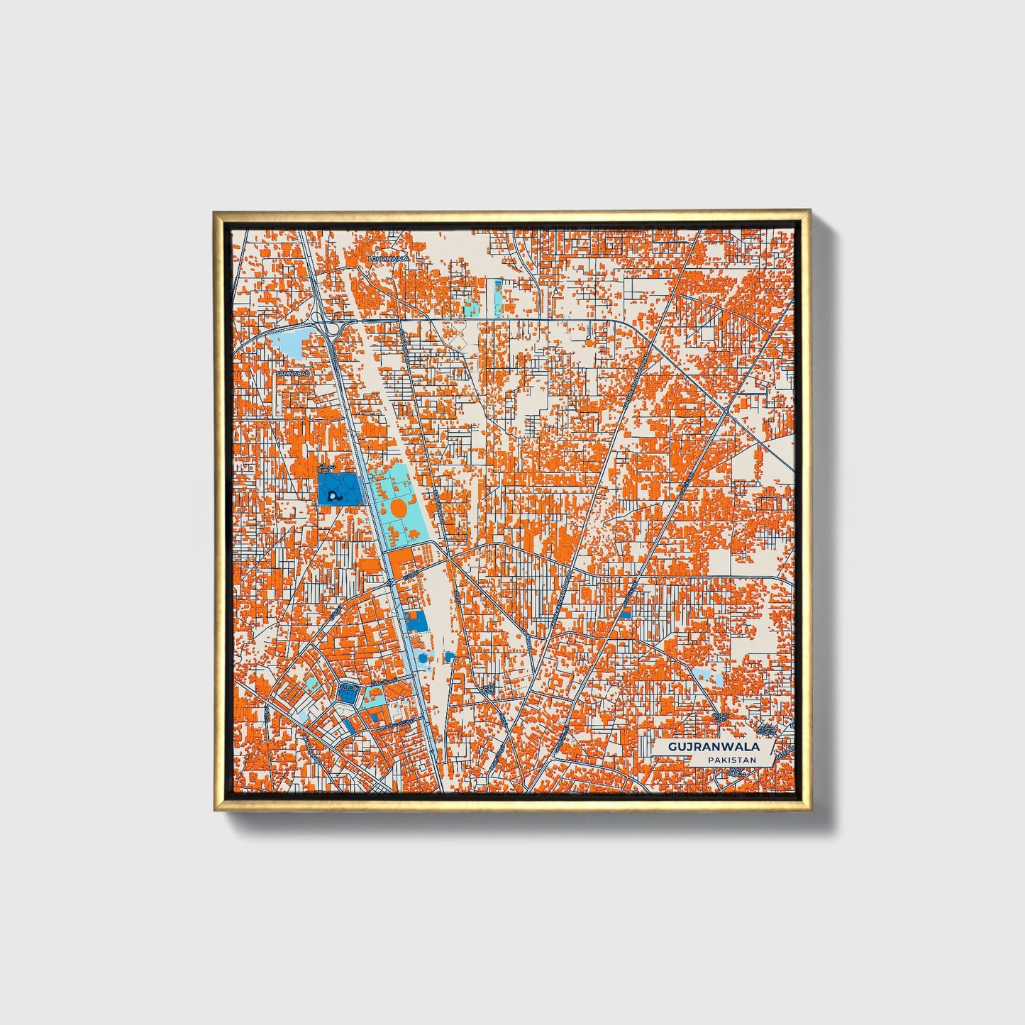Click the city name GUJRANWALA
714,747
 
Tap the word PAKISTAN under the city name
731,760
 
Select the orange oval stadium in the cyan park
398,508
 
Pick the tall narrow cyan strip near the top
496,297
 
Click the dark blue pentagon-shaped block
348,693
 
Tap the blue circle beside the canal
423,658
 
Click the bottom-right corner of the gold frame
809,809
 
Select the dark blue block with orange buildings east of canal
416,621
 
